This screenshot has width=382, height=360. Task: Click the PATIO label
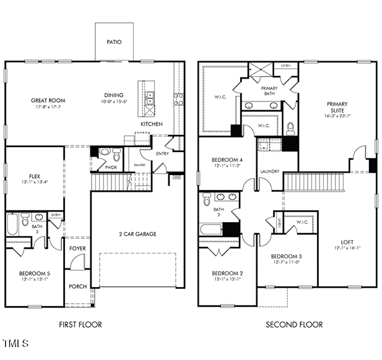[113, 42]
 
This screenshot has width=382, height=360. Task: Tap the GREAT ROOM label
[48, 100]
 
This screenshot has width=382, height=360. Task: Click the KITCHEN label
[152, 124]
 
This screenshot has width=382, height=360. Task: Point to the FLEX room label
[26, 176]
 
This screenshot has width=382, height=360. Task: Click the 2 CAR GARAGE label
[137, 234]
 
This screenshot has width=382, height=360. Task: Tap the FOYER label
[77, 248]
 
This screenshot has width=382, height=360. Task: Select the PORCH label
[77, 286]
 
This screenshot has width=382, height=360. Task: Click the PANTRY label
[139, 165]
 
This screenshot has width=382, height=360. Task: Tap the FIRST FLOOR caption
[80, 324]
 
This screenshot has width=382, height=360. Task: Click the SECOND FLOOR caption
[294, 324]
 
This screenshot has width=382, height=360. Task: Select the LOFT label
[347, 242]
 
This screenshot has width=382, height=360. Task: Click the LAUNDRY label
[269, 171]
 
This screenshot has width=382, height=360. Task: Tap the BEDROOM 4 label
[227, 159]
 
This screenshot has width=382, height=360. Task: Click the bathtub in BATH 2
[211, 229]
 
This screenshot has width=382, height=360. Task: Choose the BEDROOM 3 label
[286, 256]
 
